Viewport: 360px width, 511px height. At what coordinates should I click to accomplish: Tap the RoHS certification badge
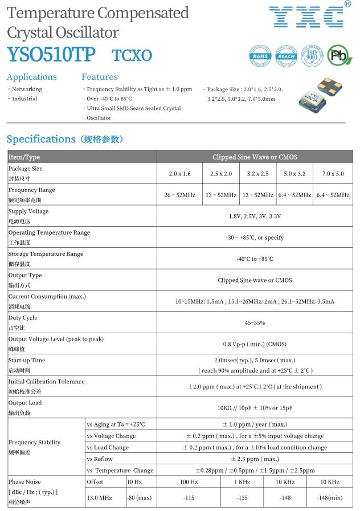coord(261,56)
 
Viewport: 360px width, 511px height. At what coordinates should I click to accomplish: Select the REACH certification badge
coord(287,56)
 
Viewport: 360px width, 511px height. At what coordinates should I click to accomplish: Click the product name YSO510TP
coord(52,55)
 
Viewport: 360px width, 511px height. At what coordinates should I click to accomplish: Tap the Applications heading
coord(32,77)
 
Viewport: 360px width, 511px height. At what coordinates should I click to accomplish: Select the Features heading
coord(100,77)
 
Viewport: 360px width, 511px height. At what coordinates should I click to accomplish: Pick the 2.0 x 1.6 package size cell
coord(179,174)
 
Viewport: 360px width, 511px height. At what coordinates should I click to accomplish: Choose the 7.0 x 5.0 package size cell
coord(333,174)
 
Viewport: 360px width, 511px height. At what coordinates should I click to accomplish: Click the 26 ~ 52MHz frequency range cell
coord(179,195)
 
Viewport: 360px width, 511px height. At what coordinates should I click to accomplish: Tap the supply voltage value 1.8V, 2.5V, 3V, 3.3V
coord(255,216)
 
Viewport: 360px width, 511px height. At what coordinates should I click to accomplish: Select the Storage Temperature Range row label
coord(46,254)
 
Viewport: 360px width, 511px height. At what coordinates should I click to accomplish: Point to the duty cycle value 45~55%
coord(255,323)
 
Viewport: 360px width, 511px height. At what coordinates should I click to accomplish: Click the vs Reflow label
coord(100,459)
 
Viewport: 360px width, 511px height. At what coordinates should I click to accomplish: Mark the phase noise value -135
coord(242,498)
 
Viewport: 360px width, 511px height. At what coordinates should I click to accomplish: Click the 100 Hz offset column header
coord(189,482)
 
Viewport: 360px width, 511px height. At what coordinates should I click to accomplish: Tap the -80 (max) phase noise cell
coord(139,498)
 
